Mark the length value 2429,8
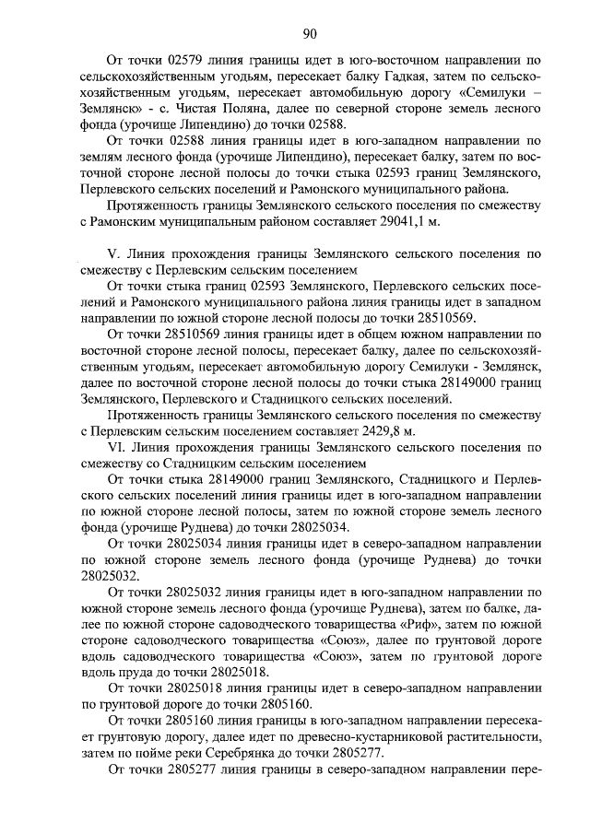click(x=376, y=430)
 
